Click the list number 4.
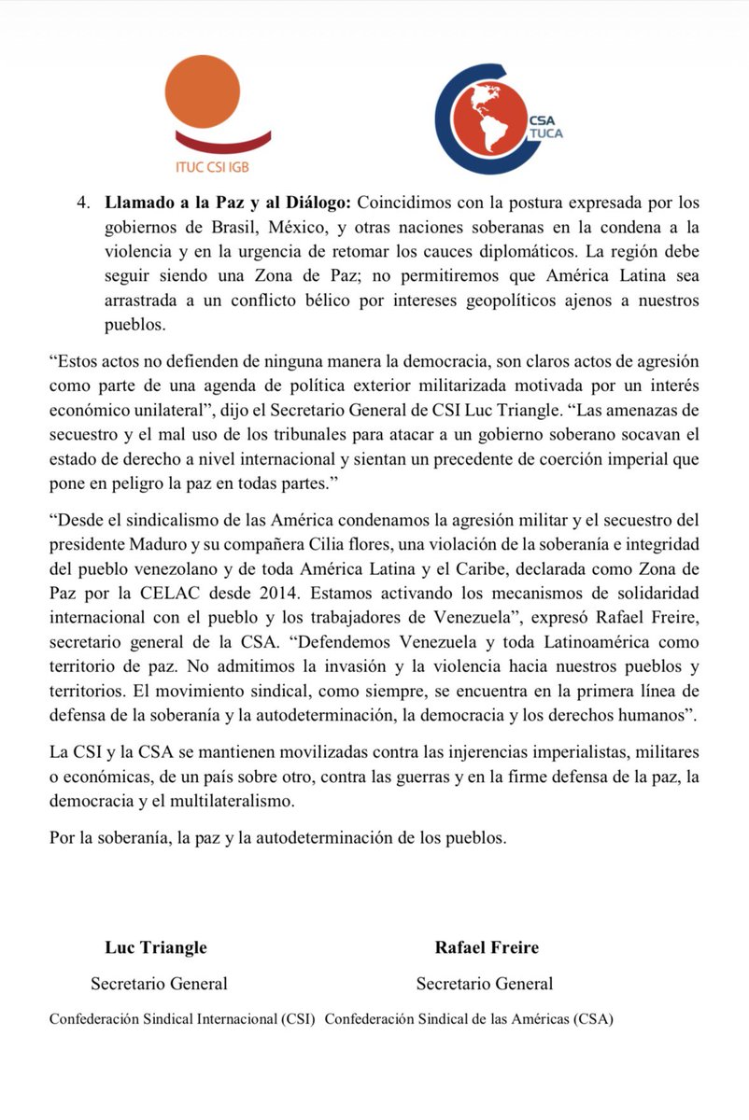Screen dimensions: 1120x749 click(x=83, y=203)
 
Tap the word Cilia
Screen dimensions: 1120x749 click(x=319, y=542)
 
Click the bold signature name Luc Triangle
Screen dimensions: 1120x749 click(x=156, y=947)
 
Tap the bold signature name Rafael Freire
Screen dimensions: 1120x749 click(x=487, y=947)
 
